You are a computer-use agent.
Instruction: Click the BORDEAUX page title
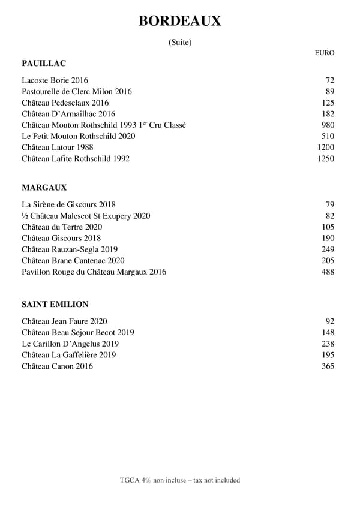pyautogui.click(x=179, y=21)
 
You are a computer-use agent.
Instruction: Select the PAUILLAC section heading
pyautogui.click(x=44, y=63)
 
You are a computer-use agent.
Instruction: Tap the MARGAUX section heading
pyautogui.click(x=44, y=188)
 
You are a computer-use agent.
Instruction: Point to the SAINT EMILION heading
pyautogui.click(x=55, y=305)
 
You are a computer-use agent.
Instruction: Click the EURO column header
pyautogui.click(x=325, y=53)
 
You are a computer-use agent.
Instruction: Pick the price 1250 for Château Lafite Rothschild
pyautogui.click(x=326, y=159)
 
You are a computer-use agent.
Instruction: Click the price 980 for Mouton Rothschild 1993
pyautogui.click(x=328, y=125)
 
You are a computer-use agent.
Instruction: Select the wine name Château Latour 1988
pyautogui.click(x=58, y=147)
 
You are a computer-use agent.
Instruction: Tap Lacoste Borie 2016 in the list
pyautogui.click(x=55, y=80)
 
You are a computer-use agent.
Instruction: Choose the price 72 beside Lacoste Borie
pyautogui.click(x=330, y=80)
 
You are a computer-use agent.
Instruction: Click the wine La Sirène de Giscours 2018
pyautogui.click(x=68, y=205)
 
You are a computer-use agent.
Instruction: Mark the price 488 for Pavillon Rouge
pyautogui.click(x=328, y=272)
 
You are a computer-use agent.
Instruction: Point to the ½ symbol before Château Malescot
pyautogui.click(x=25, y=216)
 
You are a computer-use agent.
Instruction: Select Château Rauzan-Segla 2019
pyautogui.click(x=70, y=249)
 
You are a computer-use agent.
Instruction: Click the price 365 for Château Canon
pyautogui.click(x=328, y=366)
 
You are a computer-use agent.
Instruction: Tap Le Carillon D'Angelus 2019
pyautogui.click(x=70, y=344)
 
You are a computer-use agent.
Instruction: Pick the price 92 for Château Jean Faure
pyautogui.click(x=330, y=321)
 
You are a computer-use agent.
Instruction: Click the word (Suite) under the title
pyautogui.click(x=180, y=42)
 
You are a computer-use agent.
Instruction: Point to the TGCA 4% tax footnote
pyautogui.click(x=180, y=480)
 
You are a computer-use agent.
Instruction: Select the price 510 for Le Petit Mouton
pyautogui.click(x=328, y=136)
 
